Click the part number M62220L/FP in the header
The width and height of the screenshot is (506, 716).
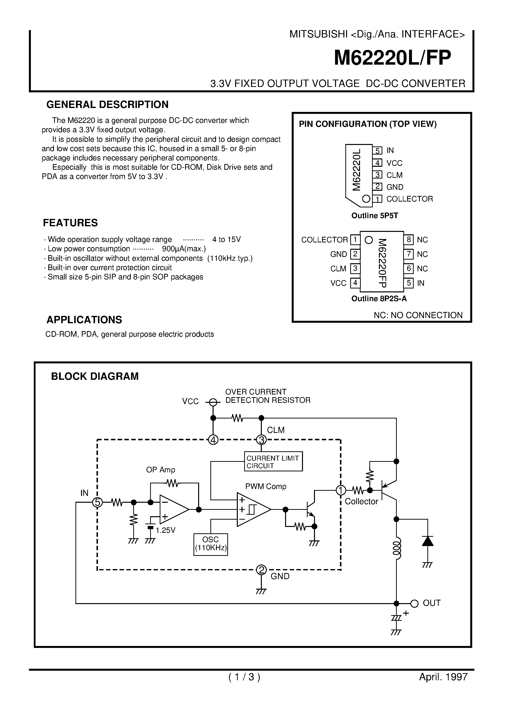click(392, 58)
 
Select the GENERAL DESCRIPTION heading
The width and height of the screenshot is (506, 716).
click(107, 105)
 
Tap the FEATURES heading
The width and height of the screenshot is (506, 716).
click(70, 223)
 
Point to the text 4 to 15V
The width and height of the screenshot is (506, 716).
click(227, 239)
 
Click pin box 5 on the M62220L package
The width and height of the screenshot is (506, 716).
click(377, 151)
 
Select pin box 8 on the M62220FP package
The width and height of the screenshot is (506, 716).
click(408, 239)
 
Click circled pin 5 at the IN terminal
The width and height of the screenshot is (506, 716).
click(97, 502)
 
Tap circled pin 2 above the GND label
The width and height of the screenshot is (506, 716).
click(261, 570)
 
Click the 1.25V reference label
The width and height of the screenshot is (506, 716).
click(165, 530)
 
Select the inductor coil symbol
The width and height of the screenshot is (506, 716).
click(397, 548)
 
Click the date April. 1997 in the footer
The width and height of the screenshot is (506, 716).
click(443, 677)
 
